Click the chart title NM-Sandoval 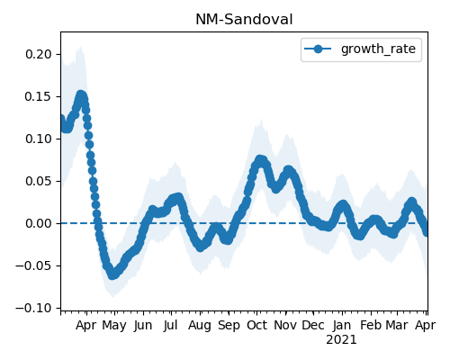click(244, 20)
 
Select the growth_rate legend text click(378, 49)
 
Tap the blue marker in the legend click(318, 49)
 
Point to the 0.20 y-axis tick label click(39, 54)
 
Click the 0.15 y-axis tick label click(39, 96)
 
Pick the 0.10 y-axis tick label click(39, 139)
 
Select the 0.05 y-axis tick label click(39, 181)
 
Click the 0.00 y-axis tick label click(39, 223)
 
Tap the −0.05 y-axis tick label click(34, 265)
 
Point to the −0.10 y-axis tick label click(34, 308)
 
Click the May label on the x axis click(114, 326)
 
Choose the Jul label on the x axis click(171, 325)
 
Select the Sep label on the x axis click(229, 326)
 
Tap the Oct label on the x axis click(256, 325)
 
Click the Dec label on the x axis click(313, 325)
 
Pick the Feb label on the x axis click(371, 325)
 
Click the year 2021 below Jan click(341, 340)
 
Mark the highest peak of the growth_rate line click(81, 95)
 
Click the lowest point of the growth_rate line click(112, 274)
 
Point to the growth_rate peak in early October click(260, 160)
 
